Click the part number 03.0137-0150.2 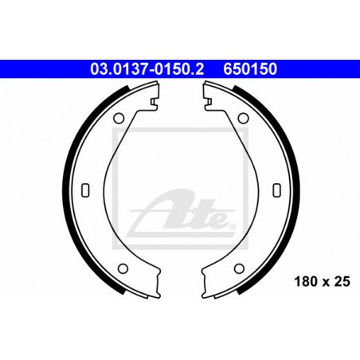point(147,68)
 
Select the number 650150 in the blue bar point(250,68)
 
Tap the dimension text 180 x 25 point(323,281)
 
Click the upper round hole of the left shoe point(119,118)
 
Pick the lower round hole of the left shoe point(123,268)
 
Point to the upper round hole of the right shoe point(243,118)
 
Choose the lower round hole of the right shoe point(239,268)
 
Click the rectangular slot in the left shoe point(85,190)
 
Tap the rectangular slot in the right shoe point(277,190)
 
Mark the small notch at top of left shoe point(154,102)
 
